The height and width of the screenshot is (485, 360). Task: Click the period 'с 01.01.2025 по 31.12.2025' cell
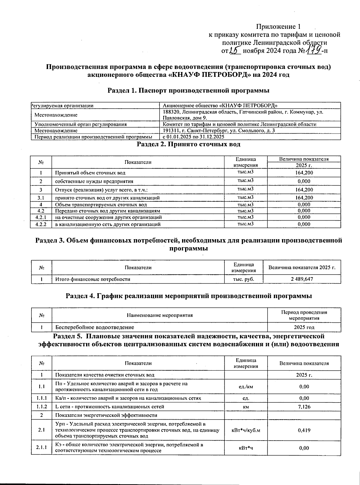click(193, 137)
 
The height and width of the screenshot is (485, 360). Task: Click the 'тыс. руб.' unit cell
click(244, 279)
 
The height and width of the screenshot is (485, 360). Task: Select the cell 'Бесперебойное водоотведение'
click(95, 327)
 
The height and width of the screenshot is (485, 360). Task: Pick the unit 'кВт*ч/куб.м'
click(246, 430)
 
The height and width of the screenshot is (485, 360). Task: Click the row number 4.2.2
click(41, 224)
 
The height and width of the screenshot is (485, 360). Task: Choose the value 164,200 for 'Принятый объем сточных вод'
click(304, 173)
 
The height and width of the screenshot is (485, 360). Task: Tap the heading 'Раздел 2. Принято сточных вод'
click(188, 144)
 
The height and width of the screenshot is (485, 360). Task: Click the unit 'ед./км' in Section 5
click(246, 387)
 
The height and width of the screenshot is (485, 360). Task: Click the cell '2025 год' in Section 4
click(304, 327)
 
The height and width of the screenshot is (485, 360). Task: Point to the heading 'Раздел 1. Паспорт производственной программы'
click(188, 91)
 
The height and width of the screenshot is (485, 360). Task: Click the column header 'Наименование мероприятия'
click(160, 315)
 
